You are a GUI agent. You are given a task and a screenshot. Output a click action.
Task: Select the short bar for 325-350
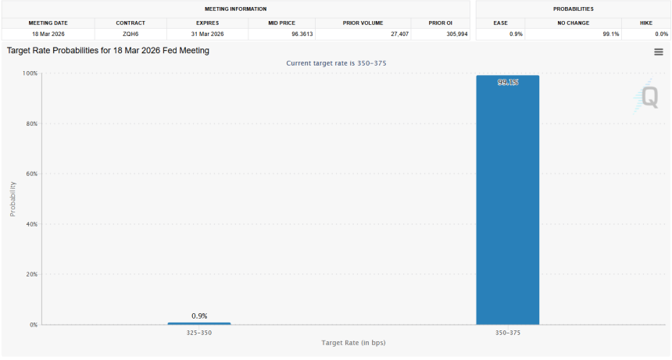pos(198,323)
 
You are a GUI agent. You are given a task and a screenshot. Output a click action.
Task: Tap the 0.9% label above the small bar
pos(198,315)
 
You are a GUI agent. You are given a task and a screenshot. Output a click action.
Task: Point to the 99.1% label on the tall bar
pos(507,82)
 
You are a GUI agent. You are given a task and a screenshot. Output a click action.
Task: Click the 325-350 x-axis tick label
pos(198,333)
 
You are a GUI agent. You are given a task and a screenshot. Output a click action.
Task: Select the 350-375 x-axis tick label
pos(507,333)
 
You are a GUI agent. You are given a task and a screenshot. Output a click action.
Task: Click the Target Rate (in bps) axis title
pos(353,343)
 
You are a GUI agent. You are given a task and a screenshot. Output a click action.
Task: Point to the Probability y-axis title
pos(13,199)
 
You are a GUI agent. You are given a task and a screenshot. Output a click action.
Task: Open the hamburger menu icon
pos(659,52)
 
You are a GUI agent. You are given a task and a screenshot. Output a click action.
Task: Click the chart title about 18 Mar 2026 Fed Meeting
pos(108,50)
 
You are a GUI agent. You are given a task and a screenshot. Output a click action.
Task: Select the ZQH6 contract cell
pos(130,34)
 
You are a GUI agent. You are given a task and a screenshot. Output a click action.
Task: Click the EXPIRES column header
pos(206,23)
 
